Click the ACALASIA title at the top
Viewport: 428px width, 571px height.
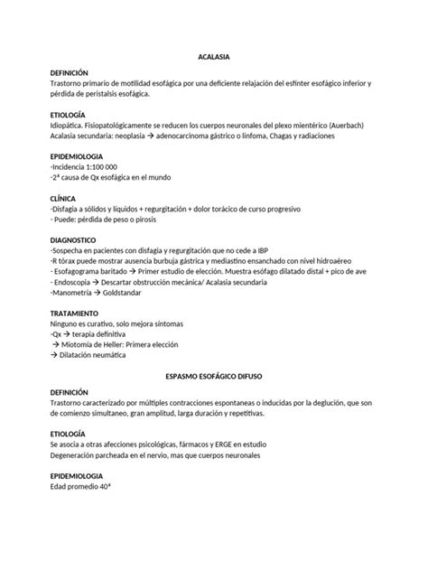pyautogui.click(x=214, y=57)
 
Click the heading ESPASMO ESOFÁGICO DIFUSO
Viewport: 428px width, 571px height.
pyautogui.click(x=214, y=372)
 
